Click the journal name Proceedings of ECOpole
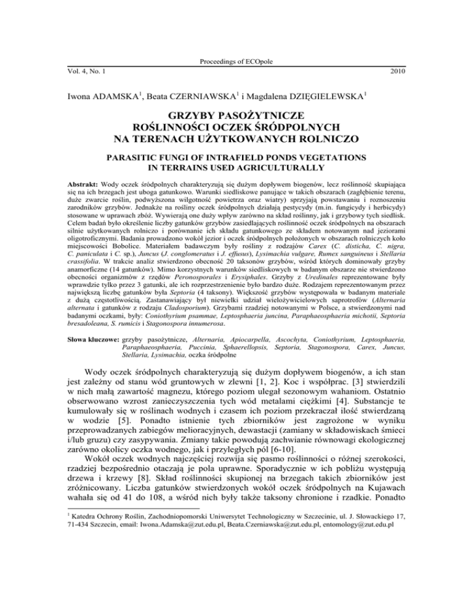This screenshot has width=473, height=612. point(236,62)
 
